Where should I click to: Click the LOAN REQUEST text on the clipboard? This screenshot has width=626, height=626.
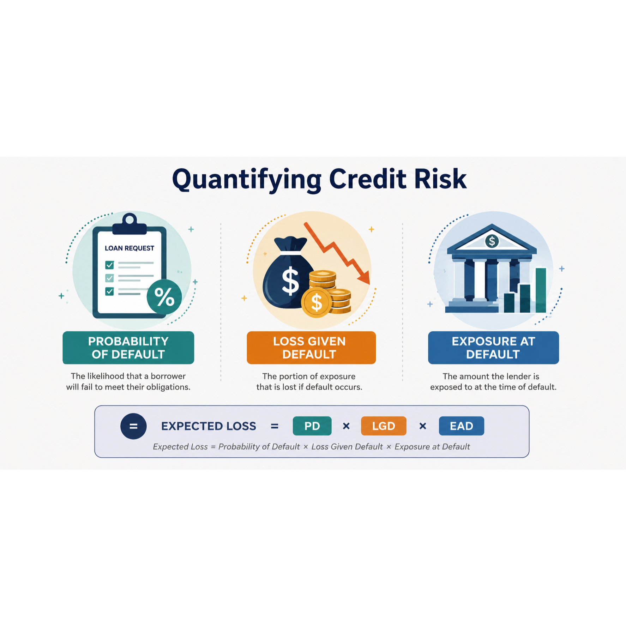pos(130,248)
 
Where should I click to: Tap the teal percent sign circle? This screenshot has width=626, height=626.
pos(164,297)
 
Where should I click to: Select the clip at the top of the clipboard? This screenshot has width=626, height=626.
pos(130,224)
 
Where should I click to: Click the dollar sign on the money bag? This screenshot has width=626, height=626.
pos(290,281)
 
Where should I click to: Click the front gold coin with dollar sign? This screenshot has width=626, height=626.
pos(316,302)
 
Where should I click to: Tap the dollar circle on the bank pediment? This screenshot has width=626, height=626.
pos(492,241)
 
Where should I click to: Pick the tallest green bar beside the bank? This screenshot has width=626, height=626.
pos(541,290)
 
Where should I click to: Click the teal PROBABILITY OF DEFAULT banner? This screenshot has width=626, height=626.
pos(128,348)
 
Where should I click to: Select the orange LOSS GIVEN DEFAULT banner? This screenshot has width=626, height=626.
pos(311,348)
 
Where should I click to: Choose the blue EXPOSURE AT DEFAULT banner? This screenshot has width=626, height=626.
pos(493,348)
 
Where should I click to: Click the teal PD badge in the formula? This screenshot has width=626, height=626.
pos(312,426)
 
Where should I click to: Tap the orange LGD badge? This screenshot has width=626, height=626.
pos(384,426)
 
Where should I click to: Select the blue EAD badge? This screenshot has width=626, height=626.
pos(462,426)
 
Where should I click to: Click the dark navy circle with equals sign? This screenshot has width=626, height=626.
pos(133,426)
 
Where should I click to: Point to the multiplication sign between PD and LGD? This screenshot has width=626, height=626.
pos(346,426)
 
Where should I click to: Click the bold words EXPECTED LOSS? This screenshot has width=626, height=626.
pos(209,426)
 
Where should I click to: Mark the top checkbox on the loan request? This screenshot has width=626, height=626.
pos(109,265)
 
